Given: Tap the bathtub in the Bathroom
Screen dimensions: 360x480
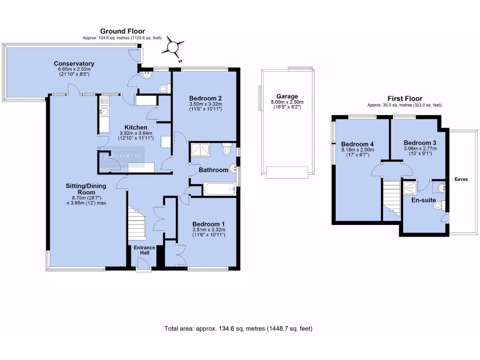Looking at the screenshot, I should (218, 189).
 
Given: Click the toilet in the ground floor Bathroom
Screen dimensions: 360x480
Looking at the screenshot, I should (227, 150).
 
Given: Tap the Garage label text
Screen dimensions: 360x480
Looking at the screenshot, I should (287, 97).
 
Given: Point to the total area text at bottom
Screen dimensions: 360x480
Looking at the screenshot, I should (238, 329).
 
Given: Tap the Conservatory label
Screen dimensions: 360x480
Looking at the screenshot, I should (74, 64).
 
